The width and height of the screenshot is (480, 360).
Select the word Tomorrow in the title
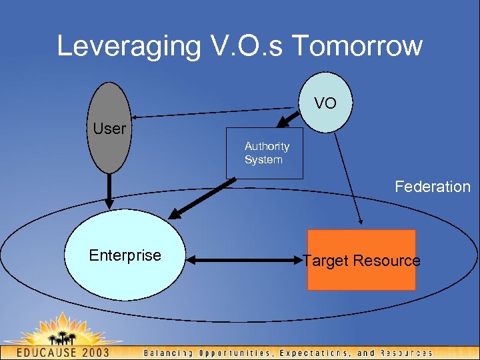[x=357, y=46]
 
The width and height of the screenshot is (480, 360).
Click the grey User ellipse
[x=109, y=127]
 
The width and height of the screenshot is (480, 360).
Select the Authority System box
[x=265, y=153]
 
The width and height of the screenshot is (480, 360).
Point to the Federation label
[x=432, y=187]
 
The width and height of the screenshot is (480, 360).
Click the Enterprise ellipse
[x=125, y=256]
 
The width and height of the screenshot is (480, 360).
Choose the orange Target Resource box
[x=361, y=260]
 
